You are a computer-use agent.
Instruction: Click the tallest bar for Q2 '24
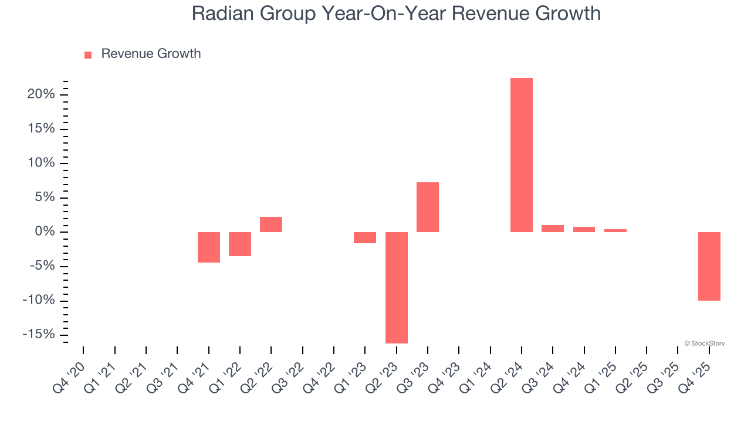pos(521,155)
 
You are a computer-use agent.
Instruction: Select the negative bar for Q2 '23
pos(396,287)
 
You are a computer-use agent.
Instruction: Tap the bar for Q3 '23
pos(428,207)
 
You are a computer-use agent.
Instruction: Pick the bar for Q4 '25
pos(709,266)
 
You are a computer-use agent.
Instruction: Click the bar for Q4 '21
pos(208,247)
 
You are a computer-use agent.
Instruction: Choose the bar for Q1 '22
pos(240,244)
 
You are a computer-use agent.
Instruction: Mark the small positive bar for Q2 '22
pos(271,224)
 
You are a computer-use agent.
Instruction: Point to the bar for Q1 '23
pos(365,237)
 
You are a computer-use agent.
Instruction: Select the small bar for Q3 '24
pos(553,229)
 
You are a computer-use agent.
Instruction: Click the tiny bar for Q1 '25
pos(615,230)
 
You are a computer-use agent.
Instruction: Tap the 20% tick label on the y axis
pos(41,94)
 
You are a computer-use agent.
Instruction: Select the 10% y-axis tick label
pos(41,163)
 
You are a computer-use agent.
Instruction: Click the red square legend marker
pos(88,55)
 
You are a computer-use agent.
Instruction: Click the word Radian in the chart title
pos(224,13)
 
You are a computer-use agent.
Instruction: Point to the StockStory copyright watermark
pos(704,343)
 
